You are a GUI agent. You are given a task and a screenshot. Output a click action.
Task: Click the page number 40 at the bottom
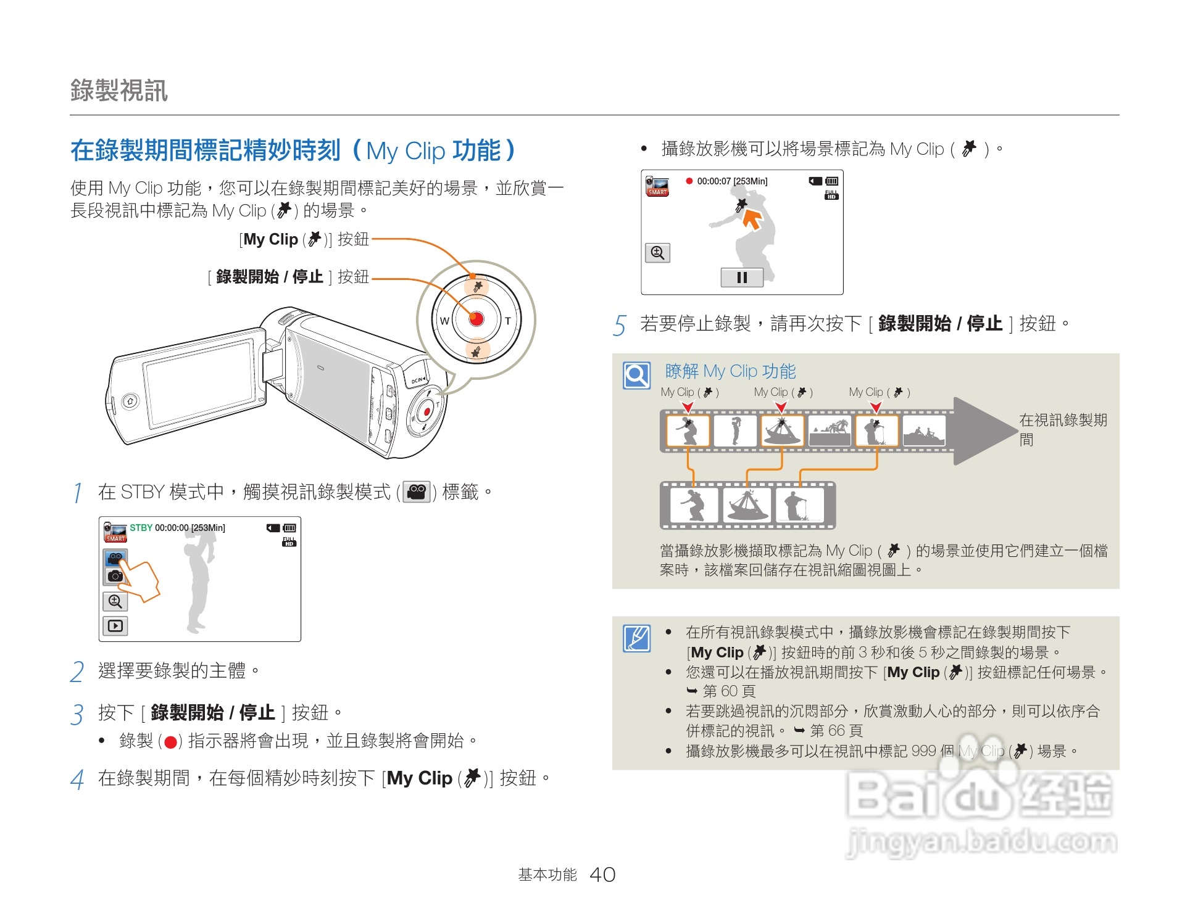(602, 874)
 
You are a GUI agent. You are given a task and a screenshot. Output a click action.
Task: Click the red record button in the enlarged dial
(476, 319)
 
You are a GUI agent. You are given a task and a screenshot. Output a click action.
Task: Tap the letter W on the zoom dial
(444, 321)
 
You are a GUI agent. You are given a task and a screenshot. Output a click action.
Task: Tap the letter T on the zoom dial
(508, 321)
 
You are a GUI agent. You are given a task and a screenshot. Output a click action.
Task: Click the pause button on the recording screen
(742, 278)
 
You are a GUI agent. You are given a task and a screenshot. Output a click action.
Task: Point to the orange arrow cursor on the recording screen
(752, 219)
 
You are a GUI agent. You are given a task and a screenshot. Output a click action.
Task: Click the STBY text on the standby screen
(141, 528)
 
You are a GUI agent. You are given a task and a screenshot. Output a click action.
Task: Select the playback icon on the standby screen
(115, 626)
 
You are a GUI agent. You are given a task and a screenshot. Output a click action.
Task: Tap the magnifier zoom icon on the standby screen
(115, 601)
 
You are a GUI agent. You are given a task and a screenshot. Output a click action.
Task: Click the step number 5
(620, 325)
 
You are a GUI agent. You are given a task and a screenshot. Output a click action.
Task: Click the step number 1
(77, 493)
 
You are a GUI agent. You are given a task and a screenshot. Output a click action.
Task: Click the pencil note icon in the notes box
(636, 638)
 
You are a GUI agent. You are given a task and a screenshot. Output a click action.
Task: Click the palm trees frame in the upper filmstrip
(830, 430)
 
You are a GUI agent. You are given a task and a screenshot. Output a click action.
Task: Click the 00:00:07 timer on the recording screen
(714, 181)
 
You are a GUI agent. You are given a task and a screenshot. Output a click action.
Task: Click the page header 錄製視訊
(119, 91)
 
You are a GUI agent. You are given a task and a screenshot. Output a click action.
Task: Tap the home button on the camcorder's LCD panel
(130, 402)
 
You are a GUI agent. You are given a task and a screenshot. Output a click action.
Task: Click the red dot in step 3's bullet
(171, 742)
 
